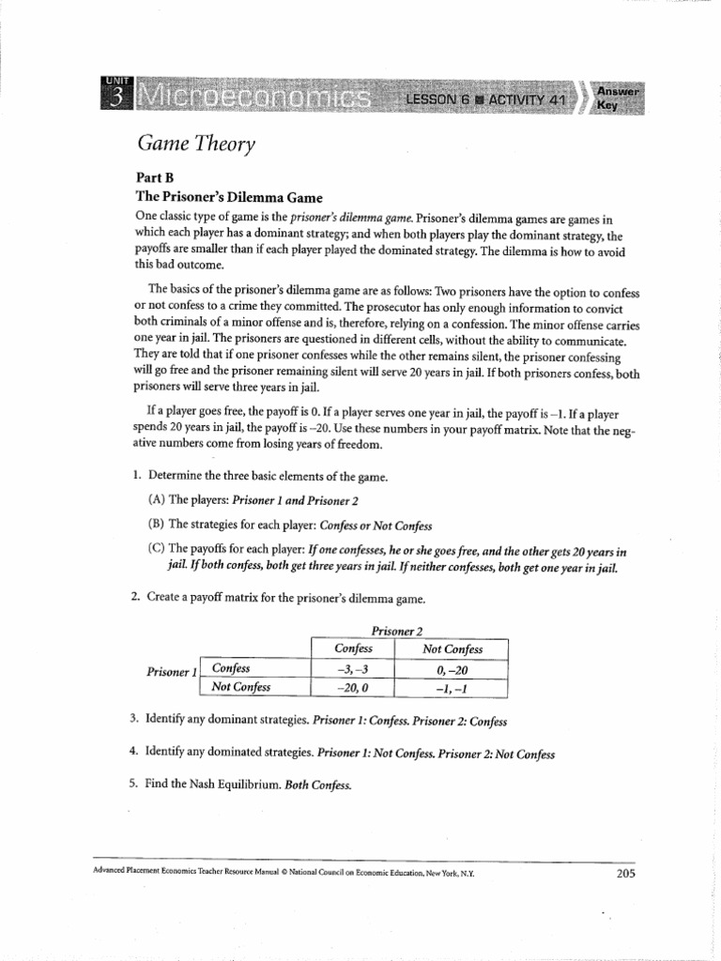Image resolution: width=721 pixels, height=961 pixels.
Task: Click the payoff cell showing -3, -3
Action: point(353,668)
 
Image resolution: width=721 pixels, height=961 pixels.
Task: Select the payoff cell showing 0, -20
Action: point(452,668)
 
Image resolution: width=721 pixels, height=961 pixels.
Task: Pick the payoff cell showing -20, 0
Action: point(353,687)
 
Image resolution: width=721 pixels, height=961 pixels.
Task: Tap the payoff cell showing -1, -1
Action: point(452,687)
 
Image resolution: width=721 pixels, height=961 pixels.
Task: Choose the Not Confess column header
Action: point(452,648)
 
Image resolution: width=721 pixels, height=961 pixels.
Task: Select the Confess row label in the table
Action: point(233,668)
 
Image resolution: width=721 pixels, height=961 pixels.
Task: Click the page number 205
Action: point(626,873)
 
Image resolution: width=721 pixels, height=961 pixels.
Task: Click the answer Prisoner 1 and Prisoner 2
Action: point(296,500)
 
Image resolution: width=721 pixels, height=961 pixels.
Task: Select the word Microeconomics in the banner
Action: point(252,99)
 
